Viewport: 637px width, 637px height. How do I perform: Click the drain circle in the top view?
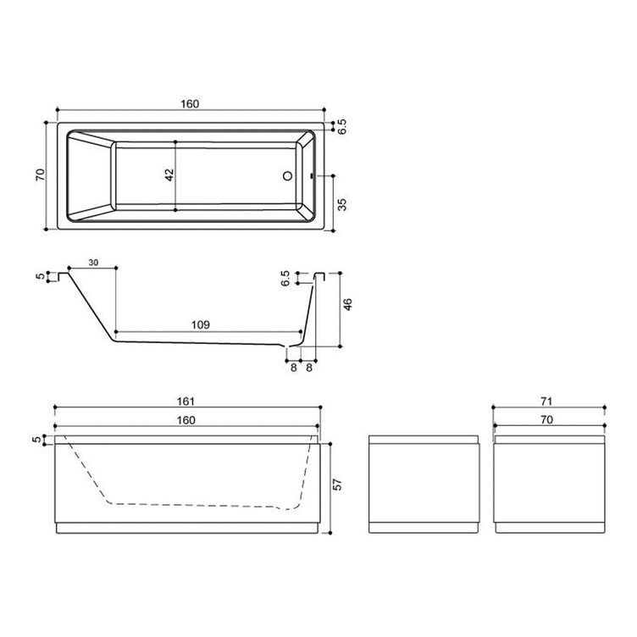coord(288,176)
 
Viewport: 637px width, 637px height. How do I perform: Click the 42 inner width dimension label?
coord(169,175)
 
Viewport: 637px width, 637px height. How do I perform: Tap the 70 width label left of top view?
coord(40,175)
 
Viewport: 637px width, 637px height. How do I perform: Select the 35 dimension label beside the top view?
coord(343,204)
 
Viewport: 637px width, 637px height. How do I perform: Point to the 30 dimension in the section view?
coord(93,263)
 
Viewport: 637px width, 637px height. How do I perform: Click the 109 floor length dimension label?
coord(201,324)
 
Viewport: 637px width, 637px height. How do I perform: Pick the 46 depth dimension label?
coord(348,305)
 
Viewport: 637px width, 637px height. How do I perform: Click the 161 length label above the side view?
coord(186,402)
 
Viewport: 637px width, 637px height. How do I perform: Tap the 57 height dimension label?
coord(337,485)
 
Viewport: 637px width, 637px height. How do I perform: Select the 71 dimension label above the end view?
coord(546,402)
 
